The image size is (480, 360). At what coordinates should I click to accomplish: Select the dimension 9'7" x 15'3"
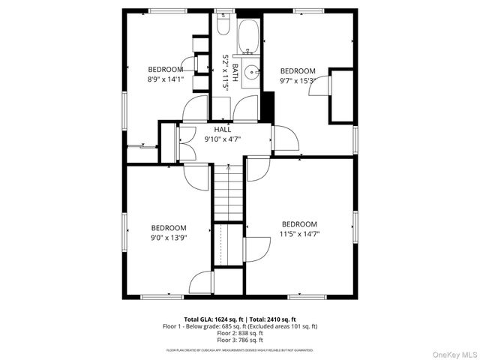[298, 80]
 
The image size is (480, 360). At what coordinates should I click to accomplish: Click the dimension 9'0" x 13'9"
[168, 238]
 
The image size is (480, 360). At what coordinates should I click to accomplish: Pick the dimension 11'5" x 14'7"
[298, 234]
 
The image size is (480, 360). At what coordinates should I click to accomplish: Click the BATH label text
[235, 72]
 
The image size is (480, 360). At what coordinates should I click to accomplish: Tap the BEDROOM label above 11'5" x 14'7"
[298, 224]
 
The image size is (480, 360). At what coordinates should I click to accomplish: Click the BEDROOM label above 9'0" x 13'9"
[168, 228]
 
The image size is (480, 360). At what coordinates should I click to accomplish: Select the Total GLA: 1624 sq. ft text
[212, 319]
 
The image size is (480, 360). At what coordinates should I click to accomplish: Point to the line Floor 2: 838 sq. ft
[240, 333]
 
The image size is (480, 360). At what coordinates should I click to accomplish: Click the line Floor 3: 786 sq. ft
[240, 340]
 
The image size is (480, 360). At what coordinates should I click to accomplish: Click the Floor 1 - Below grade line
[240, 326]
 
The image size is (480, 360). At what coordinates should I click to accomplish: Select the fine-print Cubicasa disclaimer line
[240, 350]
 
